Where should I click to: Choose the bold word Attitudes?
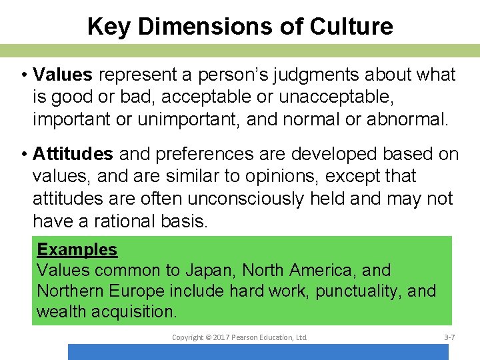point(73,155)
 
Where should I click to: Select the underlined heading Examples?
point(77,250)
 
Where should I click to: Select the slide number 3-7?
point(449,338)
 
